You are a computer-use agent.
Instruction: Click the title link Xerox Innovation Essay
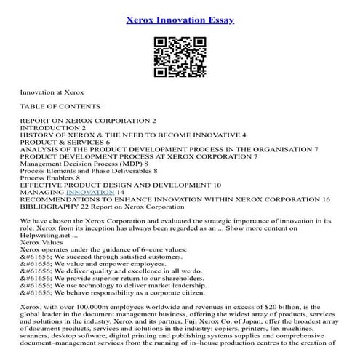pos(180,20)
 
